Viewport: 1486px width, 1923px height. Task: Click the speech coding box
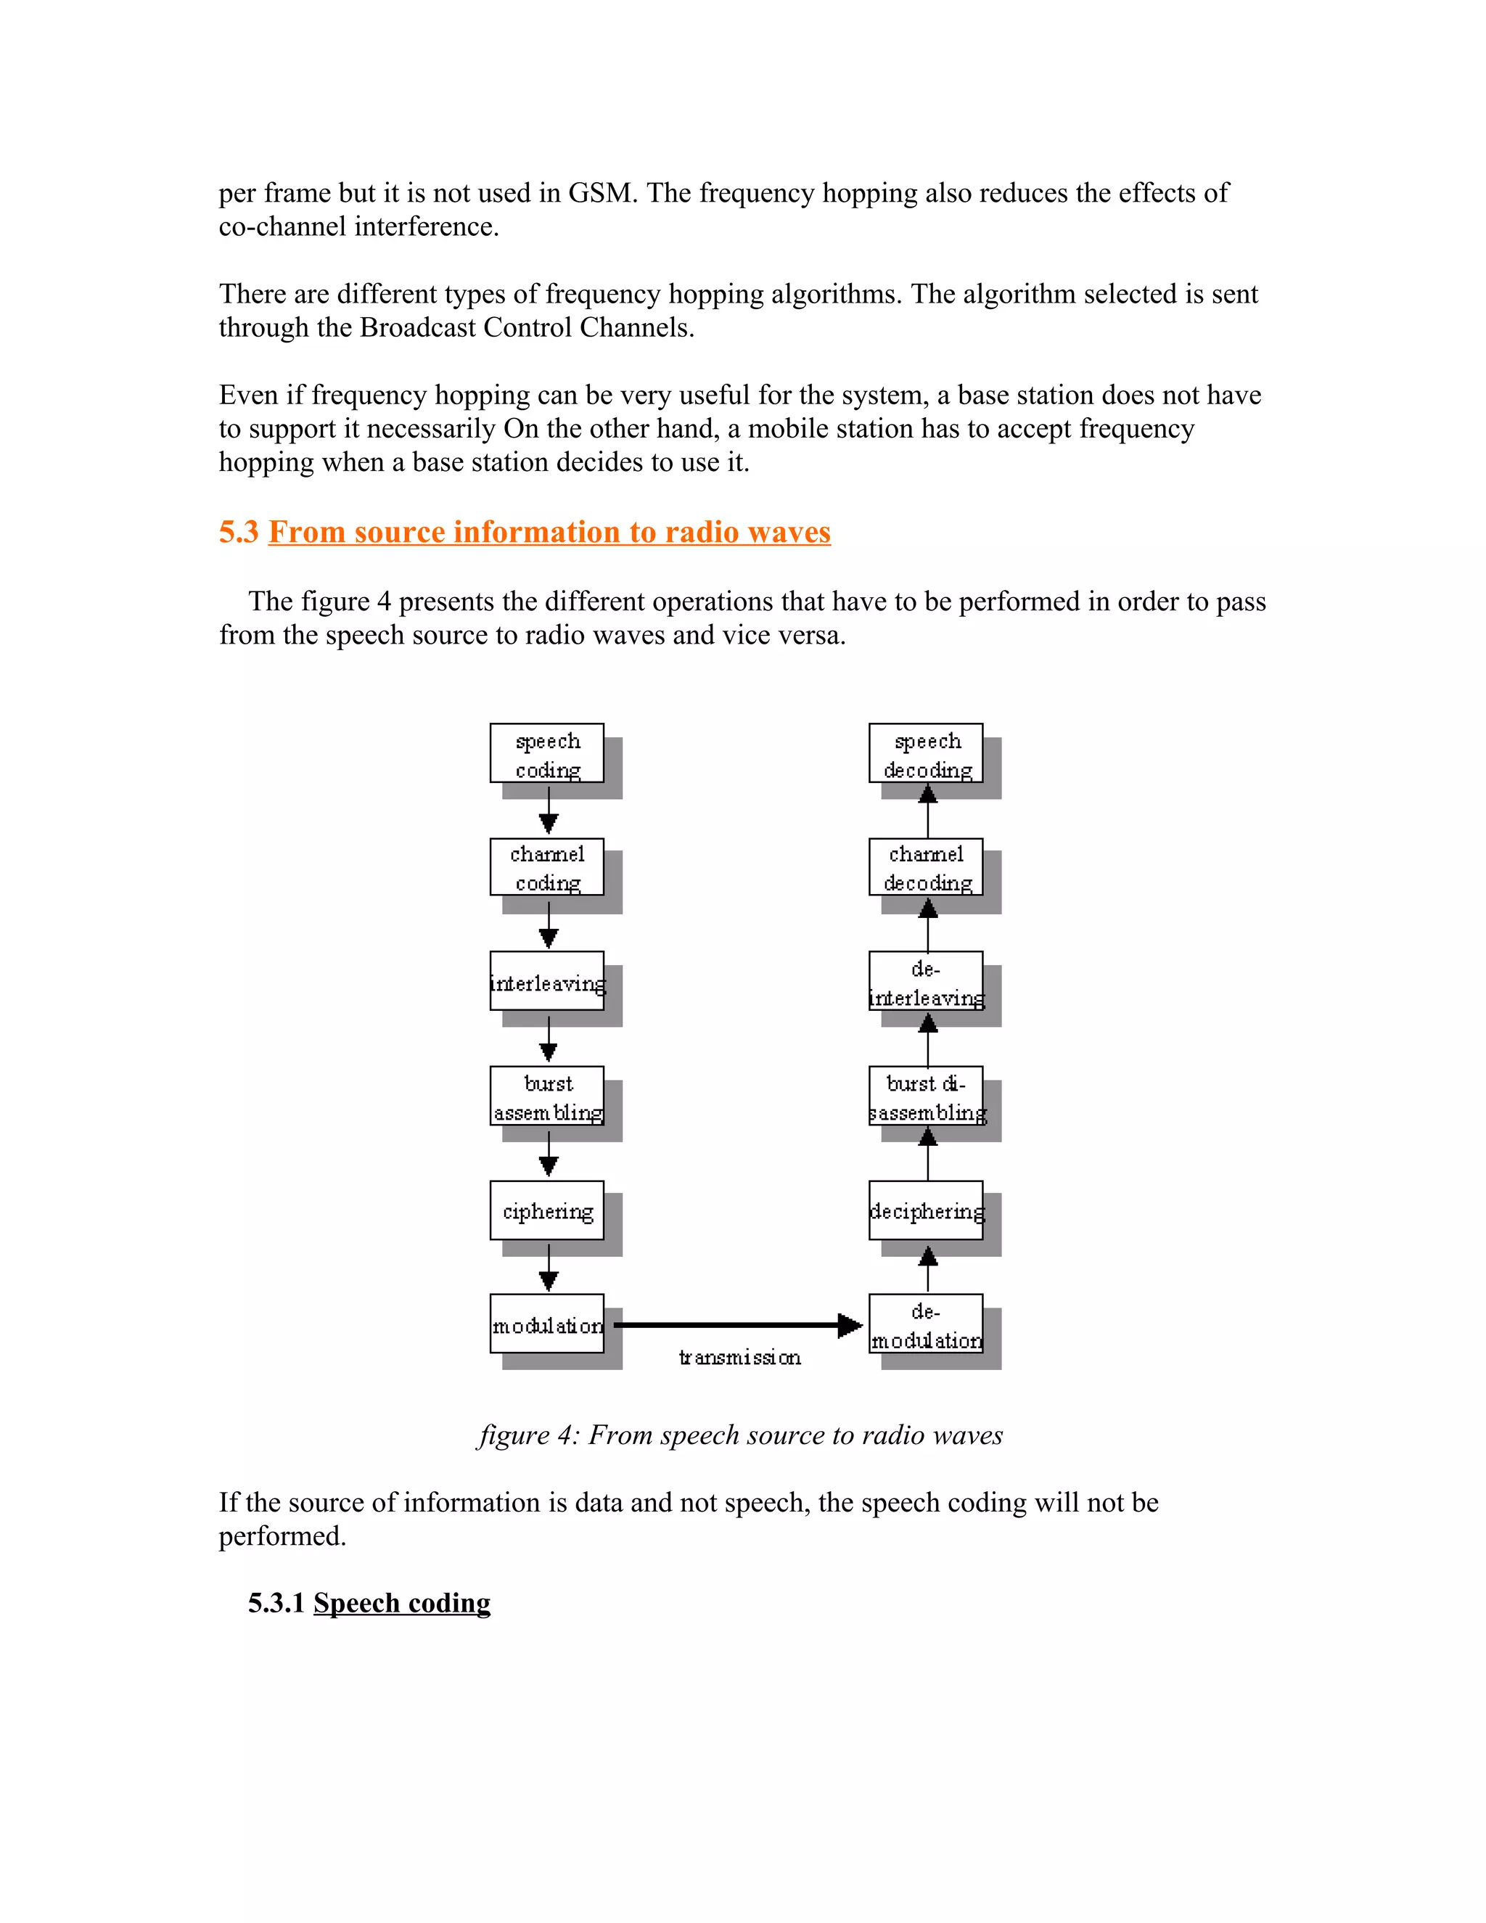(546, 754)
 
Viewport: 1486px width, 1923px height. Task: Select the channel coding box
(546, 867)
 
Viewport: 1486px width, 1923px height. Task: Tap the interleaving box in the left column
(546, 981)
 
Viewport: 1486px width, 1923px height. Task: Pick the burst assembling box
(546, 1096)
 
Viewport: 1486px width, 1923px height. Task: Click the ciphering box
(546, 1210)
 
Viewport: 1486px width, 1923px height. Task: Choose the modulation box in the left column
(546, 1324)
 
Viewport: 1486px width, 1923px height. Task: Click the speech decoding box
(925, 754)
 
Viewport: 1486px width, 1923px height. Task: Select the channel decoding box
(925, 867)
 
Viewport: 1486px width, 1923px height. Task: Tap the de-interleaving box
(925, 981)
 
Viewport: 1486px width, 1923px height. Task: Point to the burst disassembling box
(925, 1096)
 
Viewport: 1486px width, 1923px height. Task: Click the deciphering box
(925, 1210)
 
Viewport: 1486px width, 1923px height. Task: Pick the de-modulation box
(925, 1324)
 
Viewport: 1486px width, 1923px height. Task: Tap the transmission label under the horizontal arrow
(739, 1358)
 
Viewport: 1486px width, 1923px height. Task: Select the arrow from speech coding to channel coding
(549, 810)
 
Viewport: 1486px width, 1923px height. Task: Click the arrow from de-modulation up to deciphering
(928, 1268)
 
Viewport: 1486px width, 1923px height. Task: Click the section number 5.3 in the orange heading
(239, 532)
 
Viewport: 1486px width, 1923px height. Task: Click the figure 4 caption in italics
(740, 1435)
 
